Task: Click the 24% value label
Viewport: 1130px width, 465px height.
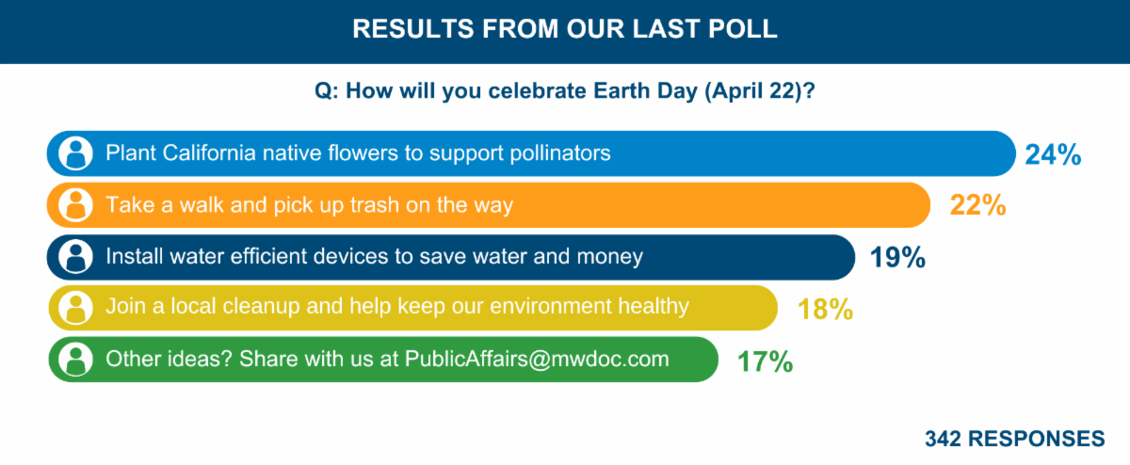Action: point(1053,154)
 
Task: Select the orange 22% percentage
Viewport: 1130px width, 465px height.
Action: point(977,205)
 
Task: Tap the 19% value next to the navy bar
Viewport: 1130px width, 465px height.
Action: point(897,257)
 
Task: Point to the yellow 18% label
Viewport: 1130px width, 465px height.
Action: point(826,309)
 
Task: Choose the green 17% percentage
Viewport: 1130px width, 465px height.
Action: point(764,361)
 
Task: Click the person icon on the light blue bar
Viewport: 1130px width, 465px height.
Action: point(75,153)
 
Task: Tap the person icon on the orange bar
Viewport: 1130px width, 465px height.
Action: point(75,204)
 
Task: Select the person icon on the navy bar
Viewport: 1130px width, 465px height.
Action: point(75,256)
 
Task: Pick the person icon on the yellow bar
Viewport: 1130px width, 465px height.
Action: point(75,308)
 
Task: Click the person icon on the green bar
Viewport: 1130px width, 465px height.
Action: point(75,360)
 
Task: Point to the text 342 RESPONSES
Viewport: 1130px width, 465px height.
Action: point(1015,440)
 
